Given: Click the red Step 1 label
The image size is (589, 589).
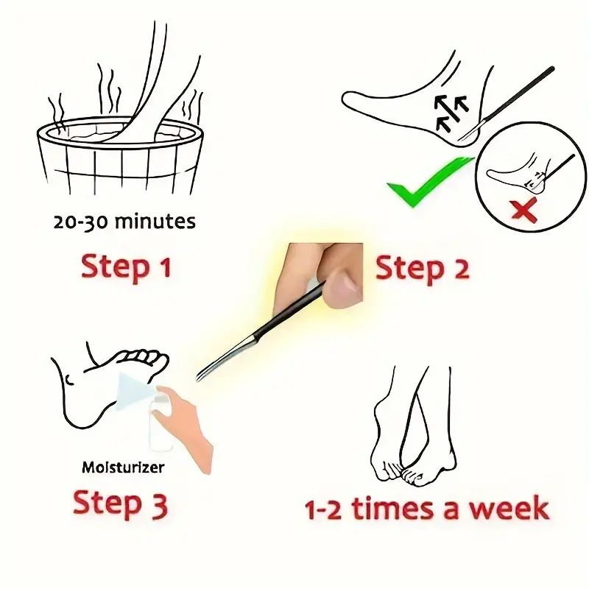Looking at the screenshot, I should [x=126, y=267].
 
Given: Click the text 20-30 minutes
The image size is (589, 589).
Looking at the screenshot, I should [x=124, y=221].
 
